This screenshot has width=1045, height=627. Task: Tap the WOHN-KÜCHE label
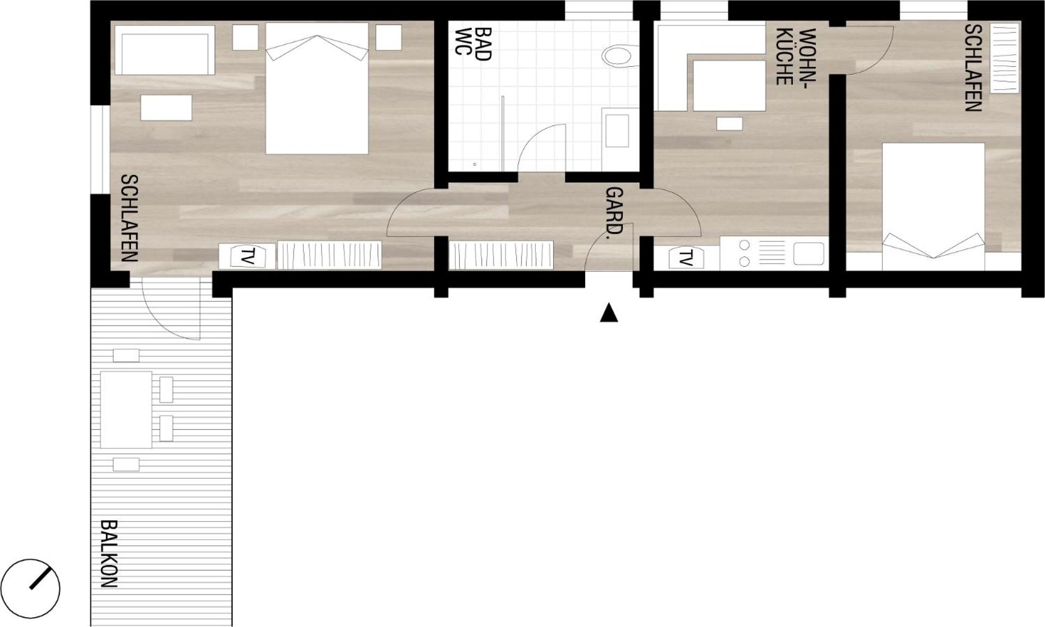tap(796, 57)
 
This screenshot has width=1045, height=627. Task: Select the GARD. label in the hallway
tap(614, 210)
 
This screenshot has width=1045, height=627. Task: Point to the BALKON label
tap(109, 554)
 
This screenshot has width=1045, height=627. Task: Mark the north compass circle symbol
tap(30, 588)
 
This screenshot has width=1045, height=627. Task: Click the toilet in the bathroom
tap(620, 55)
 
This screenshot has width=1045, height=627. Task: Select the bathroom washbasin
tap(617, 131)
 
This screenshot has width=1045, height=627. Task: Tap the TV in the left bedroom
tap(247, 256)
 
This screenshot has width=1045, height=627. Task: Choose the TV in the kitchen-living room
tap(686, 258)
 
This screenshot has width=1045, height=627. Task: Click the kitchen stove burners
tap(744, 254)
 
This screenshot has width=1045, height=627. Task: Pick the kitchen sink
tap(809, 254)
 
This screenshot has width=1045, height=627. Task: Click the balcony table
tap(126, 410)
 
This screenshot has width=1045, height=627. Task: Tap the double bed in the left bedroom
tap(317, 88)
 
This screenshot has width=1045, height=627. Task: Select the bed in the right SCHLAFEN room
tap(934, 206)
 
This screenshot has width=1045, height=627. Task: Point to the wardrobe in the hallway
tap(500, 255)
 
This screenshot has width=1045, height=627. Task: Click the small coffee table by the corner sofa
tap(729, 124)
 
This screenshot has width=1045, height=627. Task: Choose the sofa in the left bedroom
tap(165, 51)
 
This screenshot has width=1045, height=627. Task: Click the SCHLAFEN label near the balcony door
tap(129, 218)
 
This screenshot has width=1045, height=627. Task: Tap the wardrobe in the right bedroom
tap(1004, 58)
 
